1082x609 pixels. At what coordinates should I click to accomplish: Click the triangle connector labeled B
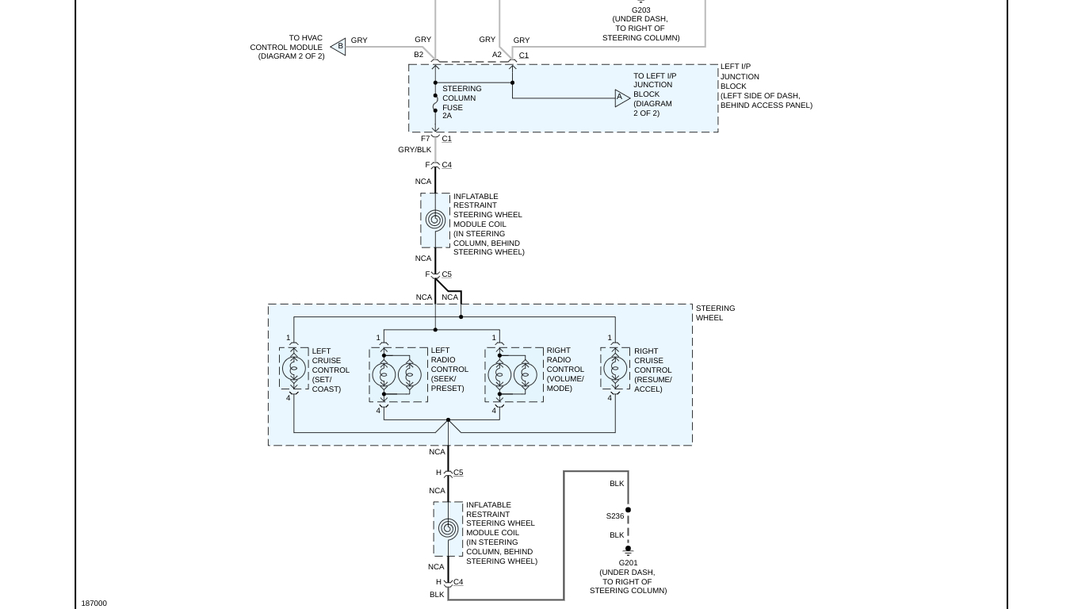pyautogui.click(x=339, y=47)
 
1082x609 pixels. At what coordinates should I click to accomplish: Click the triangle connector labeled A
pyautogui.click(x=621, y=98)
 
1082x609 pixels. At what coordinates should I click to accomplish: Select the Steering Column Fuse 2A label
pyautogui.click(x=461, y=102)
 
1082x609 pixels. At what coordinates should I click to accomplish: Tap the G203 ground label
pyautogui.click(x=640, y=10)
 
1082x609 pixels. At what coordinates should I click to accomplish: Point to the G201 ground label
pyautogui.click(x=628, y=563)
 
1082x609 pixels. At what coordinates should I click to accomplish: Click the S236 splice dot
pyautogui.click(x=628, y=510)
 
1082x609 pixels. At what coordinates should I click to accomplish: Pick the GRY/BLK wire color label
pyautogui.click(x=415, y=150)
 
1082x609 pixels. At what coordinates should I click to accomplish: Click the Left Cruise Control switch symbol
pyautogui.click(x=294, y=368)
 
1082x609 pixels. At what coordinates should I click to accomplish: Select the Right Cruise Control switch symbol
pyautogui.click(x=615, y=368)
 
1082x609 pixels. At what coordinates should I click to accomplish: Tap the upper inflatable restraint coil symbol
pyautogui.click(x=435, y=220)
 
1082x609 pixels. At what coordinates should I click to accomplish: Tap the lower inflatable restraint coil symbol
pyautogui.click(x=448, y=529)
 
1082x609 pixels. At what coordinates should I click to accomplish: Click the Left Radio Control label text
pyautogui.click(x=449, y=370)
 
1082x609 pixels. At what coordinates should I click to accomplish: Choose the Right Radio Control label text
pyautogui.click(x=565, y=370)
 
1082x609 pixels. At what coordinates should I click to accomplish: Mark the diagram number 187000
pyautogui.click(x=94, y=603)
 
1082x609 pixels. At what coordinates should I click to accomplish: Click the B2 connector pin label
pyautogui.click(x=419, y=55)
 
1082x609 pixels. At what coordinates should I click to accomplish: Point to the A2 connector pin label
pyautogui.click(x=497, y=55)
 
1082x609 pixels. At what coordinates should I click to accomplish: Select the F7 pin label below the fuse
pyautogui.click(x=426, y=139)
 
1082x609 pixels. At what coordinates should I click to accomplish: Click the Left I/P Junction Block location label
pyautogui.click(x=766, y=86)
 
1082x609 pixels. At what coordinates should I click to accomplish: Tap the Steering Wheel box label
pyautogui.click(x=715, y=313)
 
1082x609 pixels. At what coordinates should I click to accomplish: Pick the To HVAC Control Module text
pyautogui.click(x=287, y=47)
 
